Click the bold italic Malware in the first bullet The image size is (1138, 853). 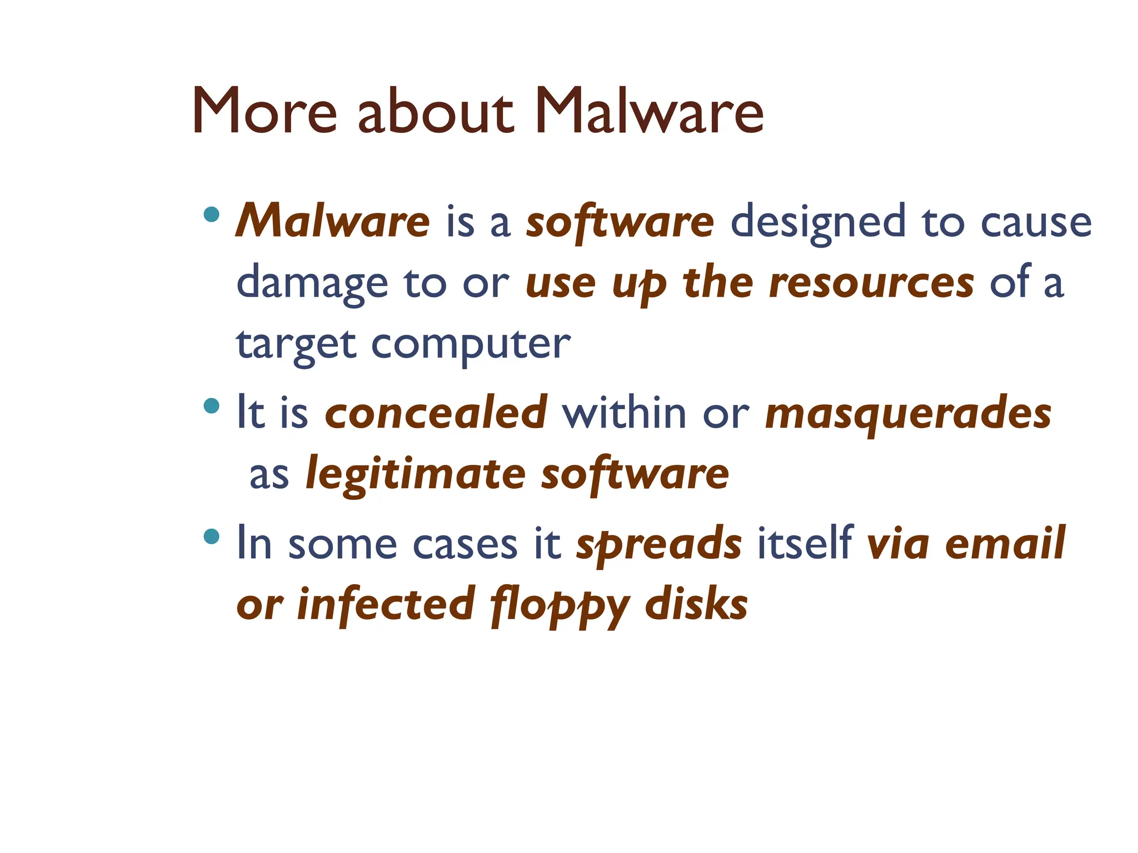(333, 221)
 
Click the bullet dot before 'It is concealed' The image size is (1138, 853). (212, 406)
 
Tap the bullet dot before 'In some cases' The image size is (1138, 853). (212, 536)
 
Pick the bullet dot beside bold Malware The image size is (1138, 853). (212, 214)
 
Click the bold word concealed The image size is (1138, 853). (436, 413)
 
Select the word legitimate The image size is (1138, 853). (416, 475)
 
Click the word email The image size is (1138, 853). (1005, 543)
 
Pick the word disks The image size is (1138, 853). (696, 604)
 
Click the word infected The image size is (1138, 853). (386, 604)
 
